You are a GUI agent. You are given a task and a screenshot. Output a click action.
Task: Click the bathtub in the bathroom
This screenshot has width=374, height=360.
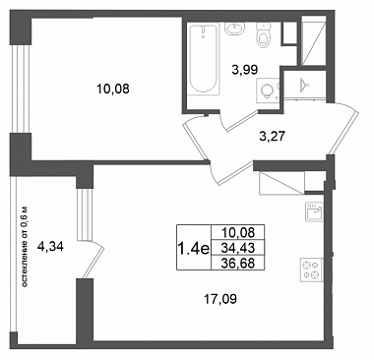[x=204, y=59]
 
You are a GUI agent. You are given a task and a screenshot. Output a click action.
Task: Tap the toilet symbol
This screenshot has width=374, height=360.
[x=263, y=35]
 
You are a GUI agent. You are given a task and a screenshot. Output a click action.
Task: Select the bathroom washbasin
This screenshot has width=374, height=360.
[x=234, y=29]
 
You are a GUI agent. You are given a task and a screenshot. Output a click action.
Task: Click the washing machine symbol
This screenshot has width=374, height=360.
[x=268, y=89]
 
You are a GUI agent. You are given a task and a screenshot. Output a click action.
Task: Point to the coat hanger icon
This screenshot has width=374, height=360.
[x=305, y=84]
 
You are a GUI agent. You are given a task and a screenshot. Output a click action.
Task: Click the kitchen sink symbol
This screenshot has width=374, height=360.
[x=314, y=210]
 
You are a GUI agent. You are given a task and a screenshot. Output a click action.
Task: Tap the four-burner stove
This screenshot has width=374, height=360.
[x=311, y=270]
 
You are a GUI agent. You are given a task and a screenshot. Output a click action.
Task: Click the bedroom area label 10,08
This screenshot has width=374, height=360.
[x=113, y=89]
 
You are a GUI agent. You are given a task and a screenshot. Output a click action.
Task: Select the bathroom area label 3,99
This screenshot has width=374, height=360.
[x=244, y=70]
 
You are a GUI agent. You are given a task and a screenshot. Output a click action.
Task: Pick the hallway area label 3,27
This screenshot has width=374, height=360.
[x=272, y=136]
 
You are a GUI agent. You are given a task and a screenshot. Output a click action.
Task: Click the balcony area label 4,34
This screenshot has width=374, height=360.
[x=50, y=246]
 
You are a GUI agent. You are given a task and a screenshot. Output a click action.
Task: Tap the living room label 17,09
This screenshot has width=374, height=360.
[x=220, y=299]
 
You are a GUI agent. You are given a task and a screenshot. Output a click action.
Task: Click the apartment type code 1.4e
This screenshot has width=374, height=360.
[x=193, y=249]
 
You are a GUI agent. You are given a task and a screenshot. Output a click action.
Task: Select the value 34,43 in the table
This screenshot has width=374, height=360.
[x=238, y=248]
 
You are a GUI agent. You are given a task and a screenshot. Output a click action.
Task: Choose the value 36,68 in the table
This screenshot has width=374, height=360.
[x=238, y=263]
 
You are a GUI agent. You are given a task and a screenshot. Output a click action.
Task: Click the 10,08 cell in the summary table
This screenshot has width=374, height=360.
[x=238, y=233]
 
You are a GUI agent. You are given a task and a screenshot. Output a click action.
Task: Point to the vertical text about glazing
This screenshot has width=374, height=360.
[x=24, y=247]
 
